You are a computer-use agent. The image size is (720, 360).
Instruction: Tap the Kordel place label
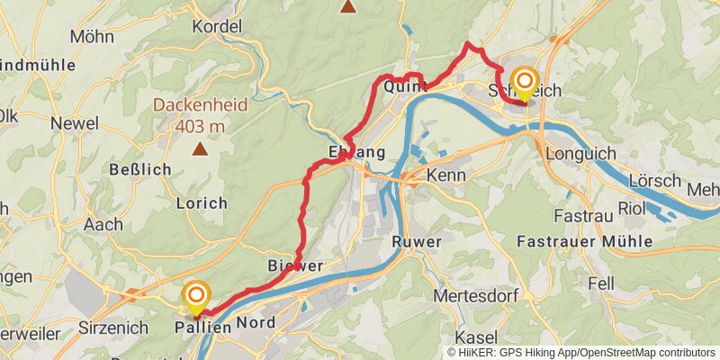(x=217, y=27)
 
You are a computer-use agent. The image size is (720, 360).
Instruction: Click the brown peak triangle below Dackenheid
(x=198, y=149)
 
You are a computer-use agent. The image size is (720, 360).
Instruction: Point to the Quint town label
(x=403, y=87)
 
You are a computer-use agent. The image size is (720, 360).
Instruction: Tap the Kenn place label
(x=445, y=175)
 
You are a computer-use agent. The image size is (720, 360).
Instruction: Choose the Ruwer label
(x=417, y=241)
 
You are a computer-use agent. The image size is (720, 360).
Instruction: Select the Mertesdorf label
(x=472, y=295)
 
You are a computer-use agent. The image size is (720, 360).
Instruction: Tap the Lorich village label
(x=202, y=203)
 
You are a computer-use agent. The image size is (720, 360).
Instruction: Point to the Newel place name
(x=75, y=122)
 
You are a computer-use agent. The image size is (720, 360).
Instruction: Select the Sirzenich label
(x=111, y=327)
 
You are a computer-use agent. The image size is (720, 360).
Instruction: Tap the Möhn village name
(x=93, y=38)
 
